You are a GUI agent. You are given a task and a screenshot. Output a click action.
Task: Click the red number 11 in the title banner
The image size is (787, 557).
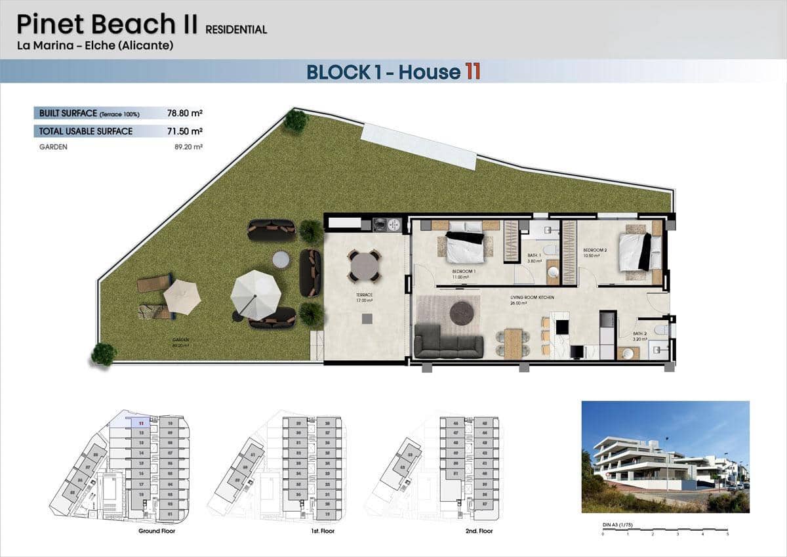(472, 71)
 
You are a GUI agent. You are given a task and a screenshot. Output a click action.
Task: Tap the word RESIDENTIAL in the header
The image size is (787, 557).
(236, 30)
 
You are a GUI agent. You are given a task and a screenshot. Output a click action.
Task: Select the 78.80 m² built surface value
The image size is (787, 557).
(184, 113)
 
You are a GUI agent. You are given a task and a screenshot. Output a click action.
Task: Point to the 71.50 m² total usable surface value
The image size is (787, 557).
(184, 131)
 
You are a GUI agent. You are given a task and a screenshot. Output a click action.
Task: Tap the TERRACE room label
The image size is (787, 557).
(364, 295)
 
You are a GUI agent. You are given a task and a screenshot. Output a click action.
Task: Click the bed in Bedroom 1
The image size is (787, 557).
(465, 246)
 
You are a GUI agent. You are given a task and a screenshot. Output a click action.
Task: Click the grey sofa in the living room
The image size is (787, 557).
(449, 341)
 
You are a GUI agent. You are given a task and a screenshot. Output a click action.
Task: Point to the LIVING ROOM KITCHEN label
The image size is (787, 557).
(533, 298)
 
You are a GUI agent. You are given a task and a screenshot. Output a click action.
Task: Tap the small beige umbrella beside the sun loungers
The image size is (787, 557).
(182, 297)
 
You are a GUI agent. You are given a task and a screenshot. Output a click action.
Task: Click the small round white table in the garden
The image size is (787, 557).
(281, 260)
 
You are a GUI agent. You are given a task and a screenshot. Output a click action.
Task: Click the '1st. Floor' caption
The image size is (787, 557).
(323, 531)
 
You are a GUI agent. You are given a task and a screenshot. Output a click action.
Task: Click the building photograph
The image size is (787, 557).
(665, 457)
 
